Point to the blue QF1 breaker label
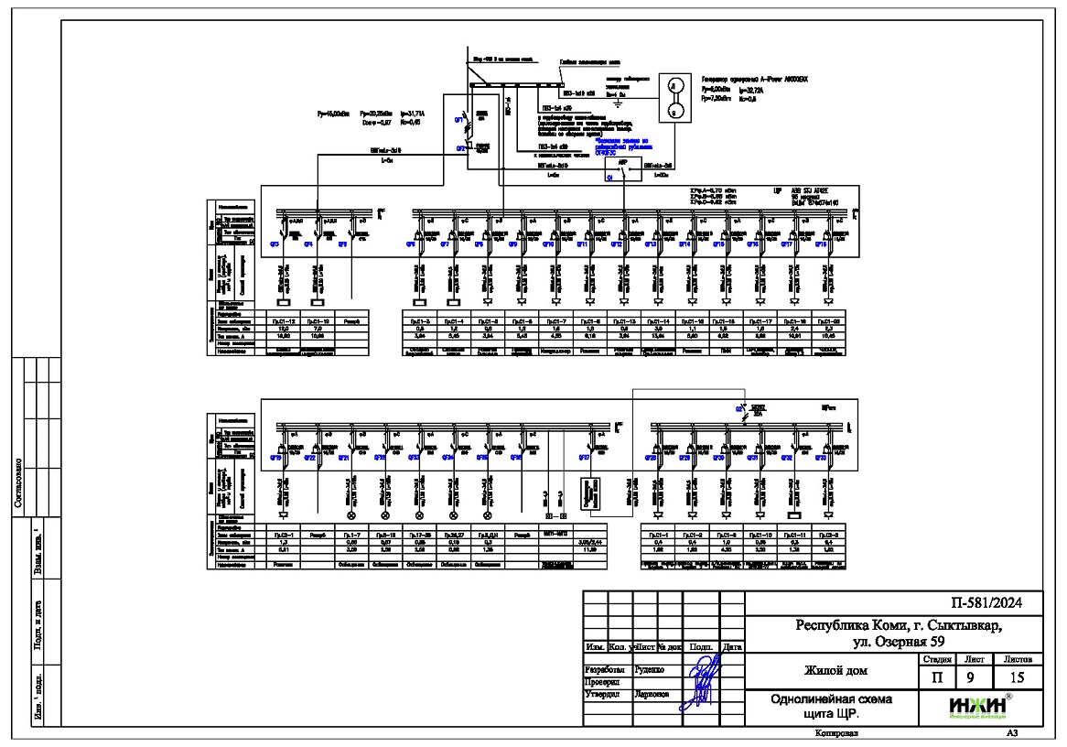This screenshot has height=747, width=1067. coord(459,120)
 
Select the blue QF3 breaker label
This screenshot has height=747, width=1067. coord(275,244)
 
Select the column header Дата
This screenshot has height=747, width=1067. coord(732,647)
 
